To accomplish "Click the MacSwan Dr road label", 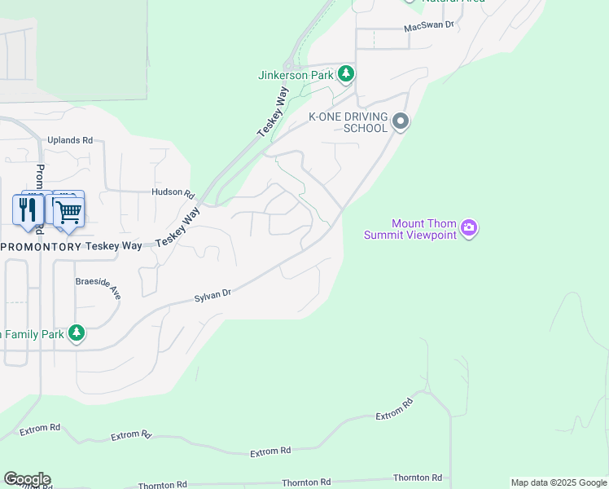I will tap(429, 27).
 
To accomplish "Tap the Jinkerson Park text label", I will tap(296, 75).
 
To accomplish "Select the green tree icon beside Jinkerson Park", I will tap(346, 74).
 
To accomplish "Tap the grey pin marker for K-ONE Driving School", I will tap(400, 122).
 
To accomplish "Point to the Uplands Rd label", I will tap(70, 140).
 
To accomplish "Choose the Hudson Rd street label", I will tap(173, 193).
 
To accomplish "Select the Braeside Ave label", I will tap(98, 286).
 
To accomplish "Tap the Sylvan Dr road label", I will tap(213, 297).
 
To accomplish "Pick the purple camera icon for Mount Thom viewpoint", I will tap(468, 227).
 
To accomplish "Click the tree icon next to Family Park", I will tap(76, 333).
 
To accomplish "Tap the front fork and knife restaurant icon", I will tap(28, 210).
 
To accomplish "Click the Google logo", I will tap(27, 479).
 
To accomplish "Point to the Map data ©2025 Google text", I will tap(559, 482).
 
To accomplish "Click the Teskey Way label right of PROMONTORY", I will tap(115, 246).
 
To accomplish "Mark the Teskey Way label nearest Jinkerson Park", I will tap(274, 112).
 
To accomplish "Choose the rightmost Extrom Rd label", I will tap(395, 410).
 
